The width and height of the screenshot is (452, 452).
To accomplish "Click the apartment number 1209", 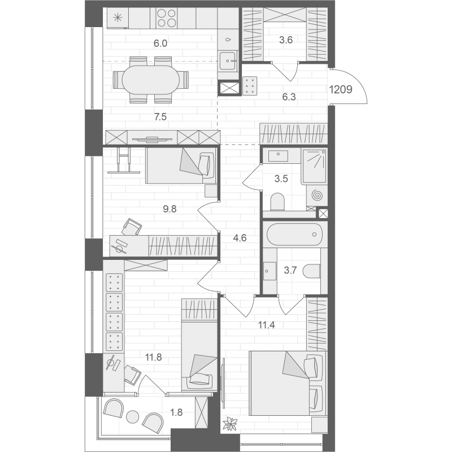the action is click(341, 90).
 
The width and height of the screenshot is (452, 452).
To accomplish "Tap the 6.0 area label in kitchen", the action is click(160, 44).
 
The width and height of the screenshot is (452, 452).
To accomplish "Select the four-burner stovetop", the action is click(167, 18).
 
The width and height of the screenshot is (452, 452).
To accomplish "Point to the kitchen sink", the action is click(228, 60).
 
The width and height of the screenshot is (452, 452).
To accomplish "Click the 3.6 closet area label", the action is click(286, 40).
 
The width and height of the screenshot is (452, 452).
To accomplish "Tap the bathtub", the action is click(294, 234).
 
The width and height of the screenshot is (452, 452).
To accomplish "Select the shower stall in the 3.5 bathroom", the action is click(314, 166).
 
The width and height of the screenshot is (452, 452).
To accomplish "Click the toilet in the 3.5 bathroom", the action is click(277, 201).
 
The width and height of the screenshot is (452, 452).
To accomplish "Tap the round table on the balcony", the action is click(133, 416).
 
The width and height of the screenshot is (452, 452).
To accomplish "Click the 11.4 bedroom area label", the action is click(266, 325).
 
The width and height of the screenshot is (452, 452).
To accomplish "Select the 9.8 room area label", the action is click(169, 209).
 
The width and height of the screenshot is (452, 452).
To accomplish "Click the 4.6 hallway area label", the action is click(240, 238).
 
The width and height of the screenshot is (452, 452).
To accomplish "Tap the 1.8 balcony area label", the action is click(176, 412).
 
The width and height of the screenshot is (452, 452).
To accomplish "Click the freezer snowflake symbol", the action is click(118, 18).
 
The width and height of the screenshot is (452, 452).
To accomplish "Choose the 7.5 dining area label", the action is click(160, 117).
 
